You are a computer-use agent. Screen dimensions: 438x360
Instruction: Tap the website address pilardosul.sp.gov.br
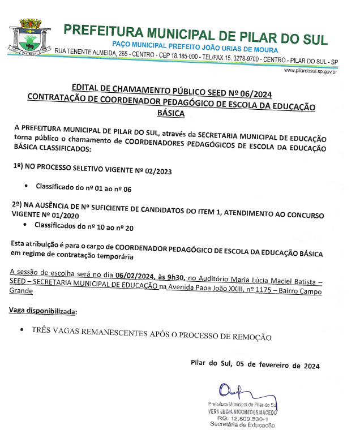(310, 71)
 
